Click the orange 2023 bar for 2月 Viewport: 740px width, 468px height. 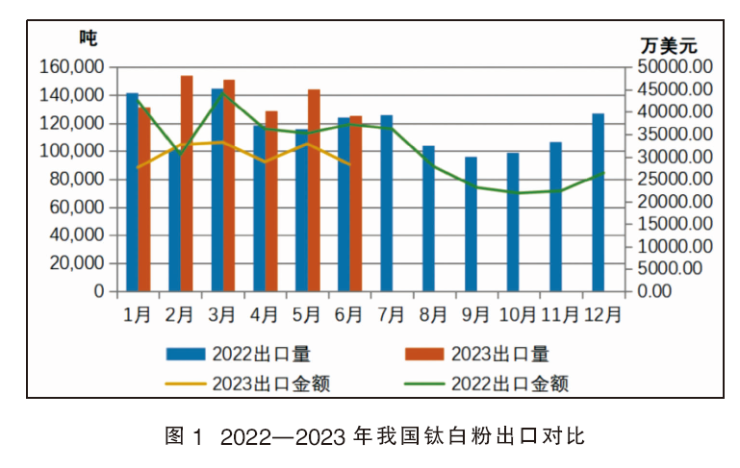pos(187,184)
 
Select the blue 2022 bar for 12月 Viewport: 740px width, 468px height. pos(598,202)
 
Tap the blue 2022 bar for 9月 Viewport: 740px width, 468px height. pos(471,224)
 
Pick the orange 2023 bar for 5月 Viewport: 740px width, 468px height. pos(314,190)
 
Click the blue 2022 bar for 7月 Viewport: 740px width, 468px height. pos(387,203)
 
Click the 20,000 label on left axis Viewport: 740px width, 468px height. pos(77,263)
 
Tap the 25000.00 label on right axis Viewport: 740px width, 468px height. pos(675,179)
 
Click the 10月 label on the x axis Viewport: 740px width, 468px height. pos(518,314)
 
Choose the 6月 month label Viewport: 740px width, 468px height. pos(348,314)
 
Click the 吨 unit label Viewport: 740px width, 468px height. pos(89,37)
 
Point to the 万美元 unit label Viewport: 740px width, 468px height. pos(669,46)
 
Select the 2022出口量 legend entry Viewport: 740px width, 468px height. pos(239,354)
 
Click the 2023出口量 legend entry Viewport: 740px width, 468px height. pos(477,354)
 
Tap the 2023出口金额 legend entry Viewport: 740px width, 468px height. pos(247,383)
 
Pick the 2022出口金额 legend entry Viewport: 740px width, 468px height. pos(486,383)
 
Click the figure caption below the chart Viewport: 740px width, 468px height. pos(374,436)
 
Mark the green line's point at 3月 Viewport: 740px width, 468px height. pos(222,92)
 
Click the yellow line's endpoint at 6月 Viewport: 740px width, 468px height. pos(349,164)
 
